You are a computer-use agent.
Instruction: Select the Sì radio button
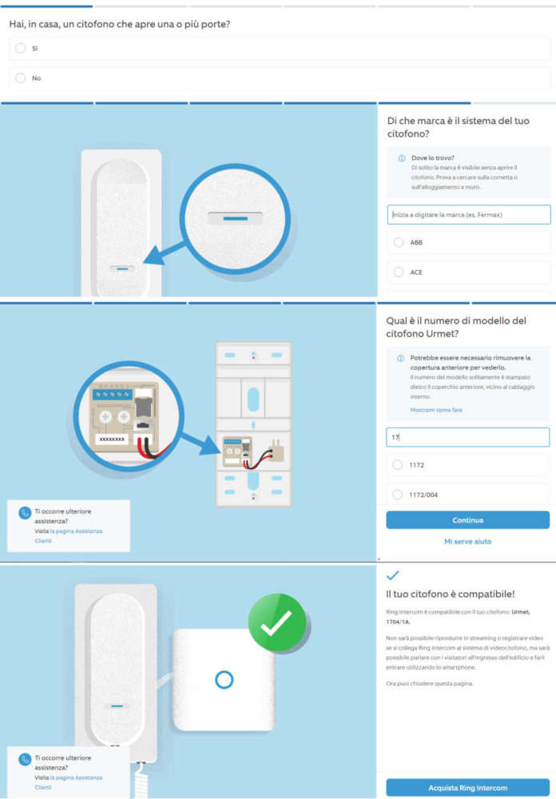tap(21, 48)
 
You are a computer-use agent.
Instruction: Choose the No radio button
tap(21, 78)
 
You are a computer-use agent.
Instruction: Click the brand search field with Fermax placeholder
tap(468, 214)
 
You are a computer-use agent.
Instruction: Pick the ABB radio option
tap(399, 242)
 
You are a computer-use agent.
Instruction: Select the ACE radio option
tap(399, 272)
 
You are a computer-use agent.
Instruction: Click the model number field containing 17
tap(468, 437)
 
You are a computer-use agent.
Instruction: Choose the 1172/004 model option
tap(399, 495)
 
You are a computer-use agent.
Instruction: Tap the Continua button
tap(468, 520)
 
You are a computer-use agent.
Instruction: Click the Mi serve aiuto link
tap(468, 542)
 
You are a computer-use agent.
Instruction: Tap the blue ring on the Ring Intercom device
tap(224, 680)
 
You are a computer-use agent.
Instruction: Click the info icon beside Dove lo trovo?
tap(401, 158)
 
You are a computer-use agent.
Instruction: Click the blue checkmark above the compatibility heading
tap(392, 575)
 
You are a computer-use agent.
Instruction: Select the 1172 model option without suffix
tap(399, 464)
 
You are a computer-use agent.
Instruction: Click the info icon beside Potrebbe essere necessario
tap(401, 358)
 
